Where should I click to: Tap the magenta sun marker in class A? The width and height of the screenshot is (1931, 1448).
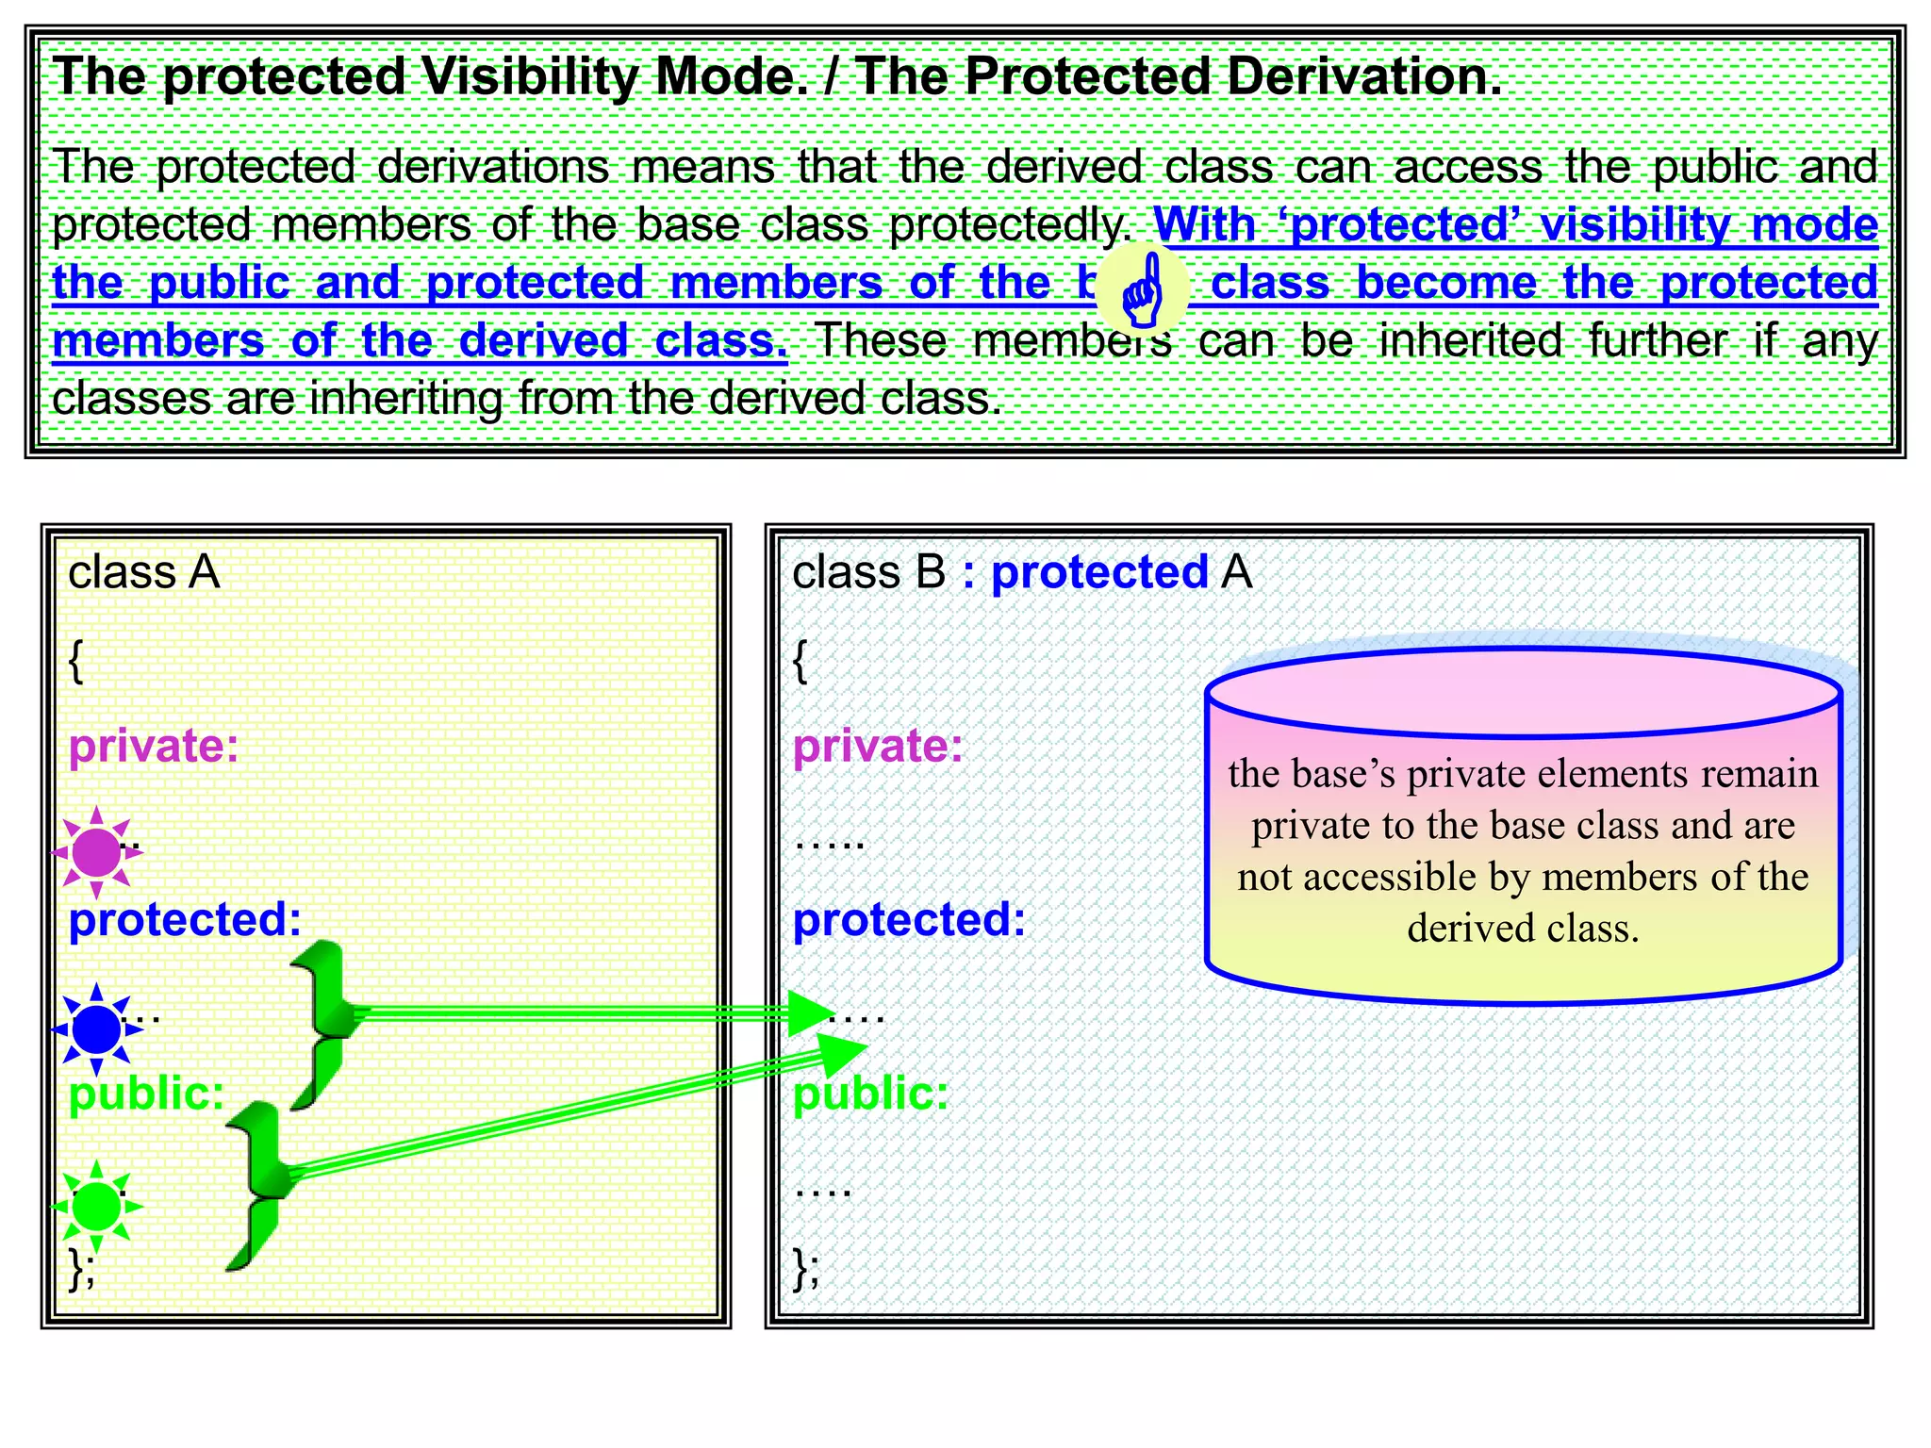click(x=96, y=852)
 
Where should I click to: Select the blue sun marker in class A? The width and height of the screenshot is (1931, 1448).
click(x=96, y=1029)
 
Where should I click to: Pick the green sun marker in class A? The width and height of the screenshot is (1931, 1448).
click(x=96, y=1207)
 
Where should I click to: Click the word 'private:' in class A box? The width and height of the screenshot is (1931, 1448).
click(x=154, y=746)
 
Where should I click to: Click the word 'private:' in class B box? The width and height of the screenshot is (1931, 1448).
click(x=878, y=746)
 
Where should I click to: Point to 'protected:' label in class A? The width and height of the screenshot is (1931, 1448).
click(x=185, y=919)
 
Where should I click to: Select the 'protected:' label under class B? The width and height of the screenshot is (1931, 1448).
click(x=909, y=919)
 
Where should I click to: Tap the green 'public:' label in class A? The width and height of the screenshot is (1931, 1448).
click(x=147, y=1094)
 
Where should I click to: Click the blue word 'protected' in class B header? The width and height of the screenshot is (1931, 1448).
click(x=1099, y=572)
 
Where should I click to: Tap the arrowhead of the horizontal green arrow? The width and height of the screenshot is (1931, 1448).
click(x=809, y=1013)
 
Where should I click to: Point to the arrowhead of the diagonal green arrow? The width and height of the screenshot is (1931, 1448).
click(x=839, y=1054)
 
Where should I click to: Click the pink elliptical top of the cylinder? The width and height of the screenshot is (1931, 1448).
click(x=1523, y=694)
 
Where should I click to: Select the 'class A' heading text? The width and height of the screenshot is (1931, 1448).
click(x=143, y=572)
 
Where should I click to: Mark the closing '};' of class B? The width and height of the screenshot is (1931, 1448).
click(x=806, y=1269)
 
